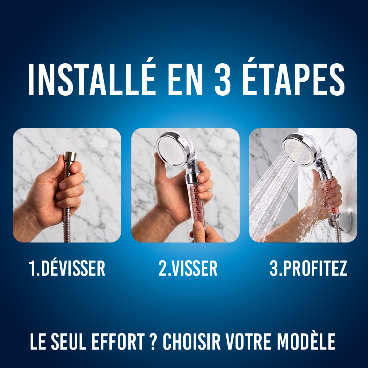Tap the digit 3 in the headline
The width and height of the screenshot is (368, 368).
click(x=223, y=79)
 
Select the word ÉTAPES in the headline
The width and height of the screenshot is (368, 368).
click(x=293, y=77)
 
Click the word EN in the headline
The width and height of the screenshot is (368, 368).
click(x=185, y=79)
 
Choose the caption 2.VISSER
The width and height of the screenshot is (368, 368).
click(x=188, y=268)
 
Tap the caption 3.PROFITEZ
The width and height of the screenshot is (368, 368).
click(x=308, y=268)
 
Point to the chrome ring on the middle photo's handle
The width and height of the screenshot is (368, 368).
click(x=192, y=179)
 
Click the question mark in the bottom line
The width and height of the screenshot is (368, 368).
click(x=153, y=342)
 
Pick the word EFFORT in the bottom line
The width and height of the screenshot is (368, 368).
click(x=118, y=342)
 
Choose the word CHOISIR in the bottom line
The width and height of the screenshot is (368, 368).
click(x=192, y=342)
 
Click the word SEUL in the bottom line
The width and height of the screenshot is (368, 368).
click(x=69, y=342)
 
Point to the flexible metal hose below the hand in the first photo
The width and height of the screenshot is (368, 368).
click(x=67, y=225)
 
